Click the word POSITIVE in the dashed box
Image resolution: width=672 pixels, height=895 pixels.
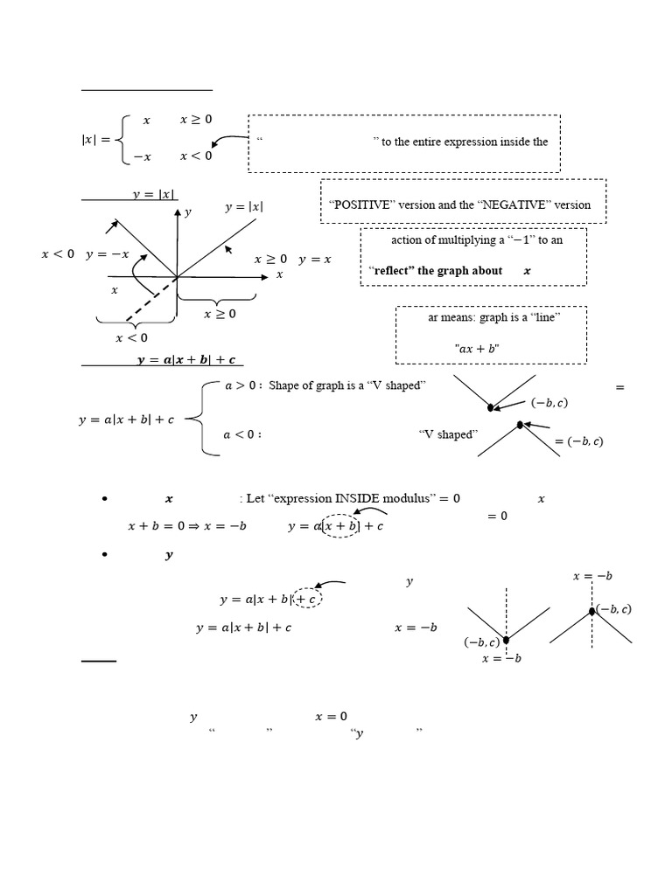(x=361, y=205)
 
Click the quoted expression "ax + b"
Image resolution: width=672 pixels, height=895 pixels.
(x=477, y=348)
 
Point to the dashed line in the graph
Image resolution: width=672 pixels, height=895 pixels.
(x=150, y=300)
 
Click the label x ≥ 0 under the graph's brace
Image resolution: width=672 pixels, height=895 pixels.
(x=220, y=314)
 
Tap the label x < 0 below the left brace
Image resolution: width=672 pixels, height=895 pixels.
(x=131, y=338)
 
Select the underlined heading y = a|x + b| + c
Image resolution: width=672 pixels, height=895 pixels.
(x=187, y=359)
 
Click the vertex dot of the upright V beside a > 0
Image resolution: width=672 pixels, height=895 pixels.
(x=490, y=407)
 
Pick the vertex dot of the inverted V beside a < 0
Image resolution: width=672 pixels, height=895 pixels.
(x=520, y=425)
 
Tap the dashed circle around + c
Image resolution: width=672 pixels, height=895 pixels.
(x=308, y=598)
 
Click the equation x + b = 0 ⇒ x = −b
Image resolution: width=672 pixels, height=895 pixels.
(x=187, y=525)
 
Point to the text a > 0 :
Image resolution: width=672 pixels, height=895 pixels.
(x=243, y=385)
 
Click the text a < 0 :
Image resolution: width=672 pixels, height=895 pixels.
(x=242, y=435)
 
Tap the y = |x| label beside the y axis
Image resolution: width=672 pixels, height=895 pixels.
(x=244, y=206)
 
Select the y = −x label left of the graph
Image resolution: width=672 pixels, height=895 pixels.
(x=108, y=254)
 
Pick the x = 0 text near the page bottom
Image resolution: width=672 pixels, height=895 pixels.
(x=331, y=717)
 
